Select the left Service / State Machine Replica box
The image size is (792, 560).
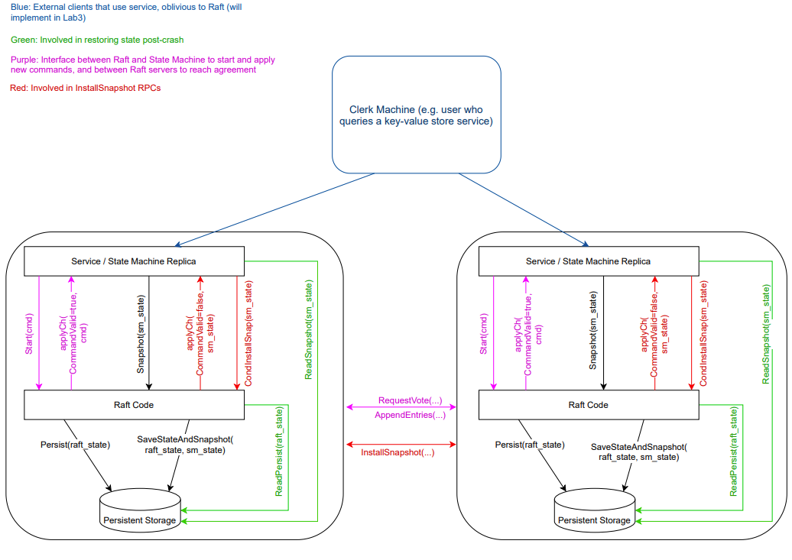tap(134, 261)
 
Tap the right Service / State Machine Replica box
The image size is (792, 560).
tap(588, 261)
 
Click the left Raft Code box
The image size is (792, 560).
tap(134, 405)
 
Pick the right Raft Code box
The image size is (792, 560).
tap(588, 405)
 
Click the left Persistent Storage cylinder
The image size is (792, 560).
tap(141, 511)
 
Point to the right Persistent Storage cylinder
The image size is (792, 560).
tap(595, 511)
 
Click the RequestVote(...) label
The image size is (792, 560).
tap(410, 400)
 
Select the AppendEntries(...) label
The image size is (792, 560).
tap(410, 415)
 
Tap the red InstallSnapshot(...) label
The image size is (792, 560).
tap(398, 452)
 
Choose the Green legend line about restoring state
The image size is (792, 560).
tap(97, 40)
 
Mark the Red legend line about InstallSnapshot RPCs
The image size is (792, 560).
tap(86, 88)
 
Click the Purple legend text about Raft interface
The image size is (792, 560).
tap(143, 64)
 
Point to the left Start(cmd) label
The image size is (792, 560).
tap(30, 333)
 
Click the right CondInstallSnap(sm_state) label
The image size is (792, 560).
tap(703, 333)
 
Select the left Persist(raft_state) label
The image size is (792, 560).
tap(75, 444)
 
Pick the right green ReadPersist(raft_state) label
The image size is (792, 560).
tap(734, 451)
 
